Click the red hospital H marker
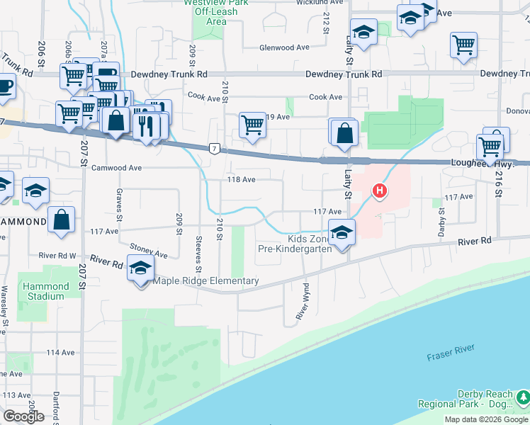(380, 191)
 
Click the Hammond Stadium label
(47, 291)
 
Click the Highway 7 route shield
(213, 148)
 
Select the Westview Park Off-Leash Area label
(211, 12)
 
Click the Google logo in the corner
(23, 416)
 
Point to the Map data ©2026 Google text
(486, 419)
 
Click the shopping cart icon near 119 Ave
(253, 125)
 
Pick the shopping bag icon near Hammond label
(62, 220)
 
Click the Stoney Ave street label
(149, 250)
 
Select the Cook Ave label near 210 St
(205, 97)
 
